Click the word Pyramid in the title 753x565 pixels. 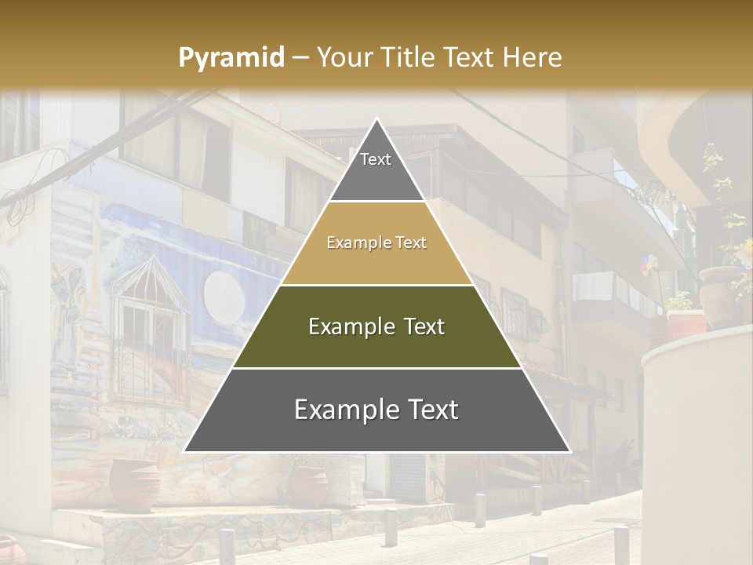[231, 57]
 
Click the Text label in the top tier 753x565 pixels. [376, 159]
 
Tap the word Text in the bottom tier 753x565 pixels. [431, 410]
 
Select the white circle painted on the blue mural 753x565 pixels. [224, 296]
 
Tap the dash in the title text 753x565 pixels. [300, 57]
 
